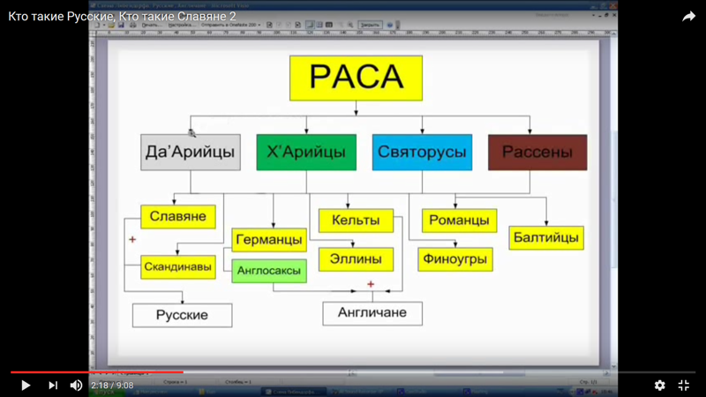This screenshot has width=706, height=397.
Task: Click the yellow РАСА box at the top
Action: coord(356,78)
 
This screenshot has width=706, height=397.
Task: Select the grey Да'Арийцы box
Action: coord(191,152)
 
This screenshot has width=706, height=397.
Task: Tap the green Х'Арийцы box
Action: coord(306,152)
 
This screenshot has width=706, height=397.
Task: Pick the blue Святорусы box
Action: coord(422,152)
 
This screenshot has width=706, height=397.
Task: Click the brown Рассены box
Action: coord(537,152)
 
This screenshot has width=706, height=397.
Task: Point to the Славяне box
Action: coord(178,216)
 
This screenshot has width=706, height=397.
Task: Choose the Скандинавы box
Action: coord(178,266)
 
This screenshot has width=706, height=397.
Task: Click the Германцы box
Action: coord(269,240)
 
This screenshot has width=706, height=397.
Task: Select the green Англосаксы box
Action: coord(269,271)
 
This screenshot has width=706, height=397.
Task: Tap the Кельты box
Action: coord(356,220)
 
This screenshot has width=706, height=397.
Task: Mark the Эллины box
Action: coord(356,258)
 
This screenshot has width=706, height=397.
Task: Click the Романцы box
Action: coord(459,220)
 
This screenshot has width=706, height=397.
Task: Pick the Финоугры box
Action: coord(455,259)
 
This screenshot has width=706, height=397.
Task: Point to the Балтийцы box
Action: coord(546,237)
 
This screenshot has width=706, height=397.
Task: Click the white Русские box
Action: coord(182,315)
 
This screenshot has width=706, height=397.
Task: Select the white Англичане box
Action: coord(372,312)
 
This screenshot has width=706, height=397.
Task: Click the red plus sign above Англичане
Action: coord(371,284)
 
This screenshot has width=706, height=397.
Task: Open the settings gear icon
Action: coord(659,386)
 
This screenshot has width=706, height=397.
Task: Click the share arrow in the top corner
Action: coord(688,17)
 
